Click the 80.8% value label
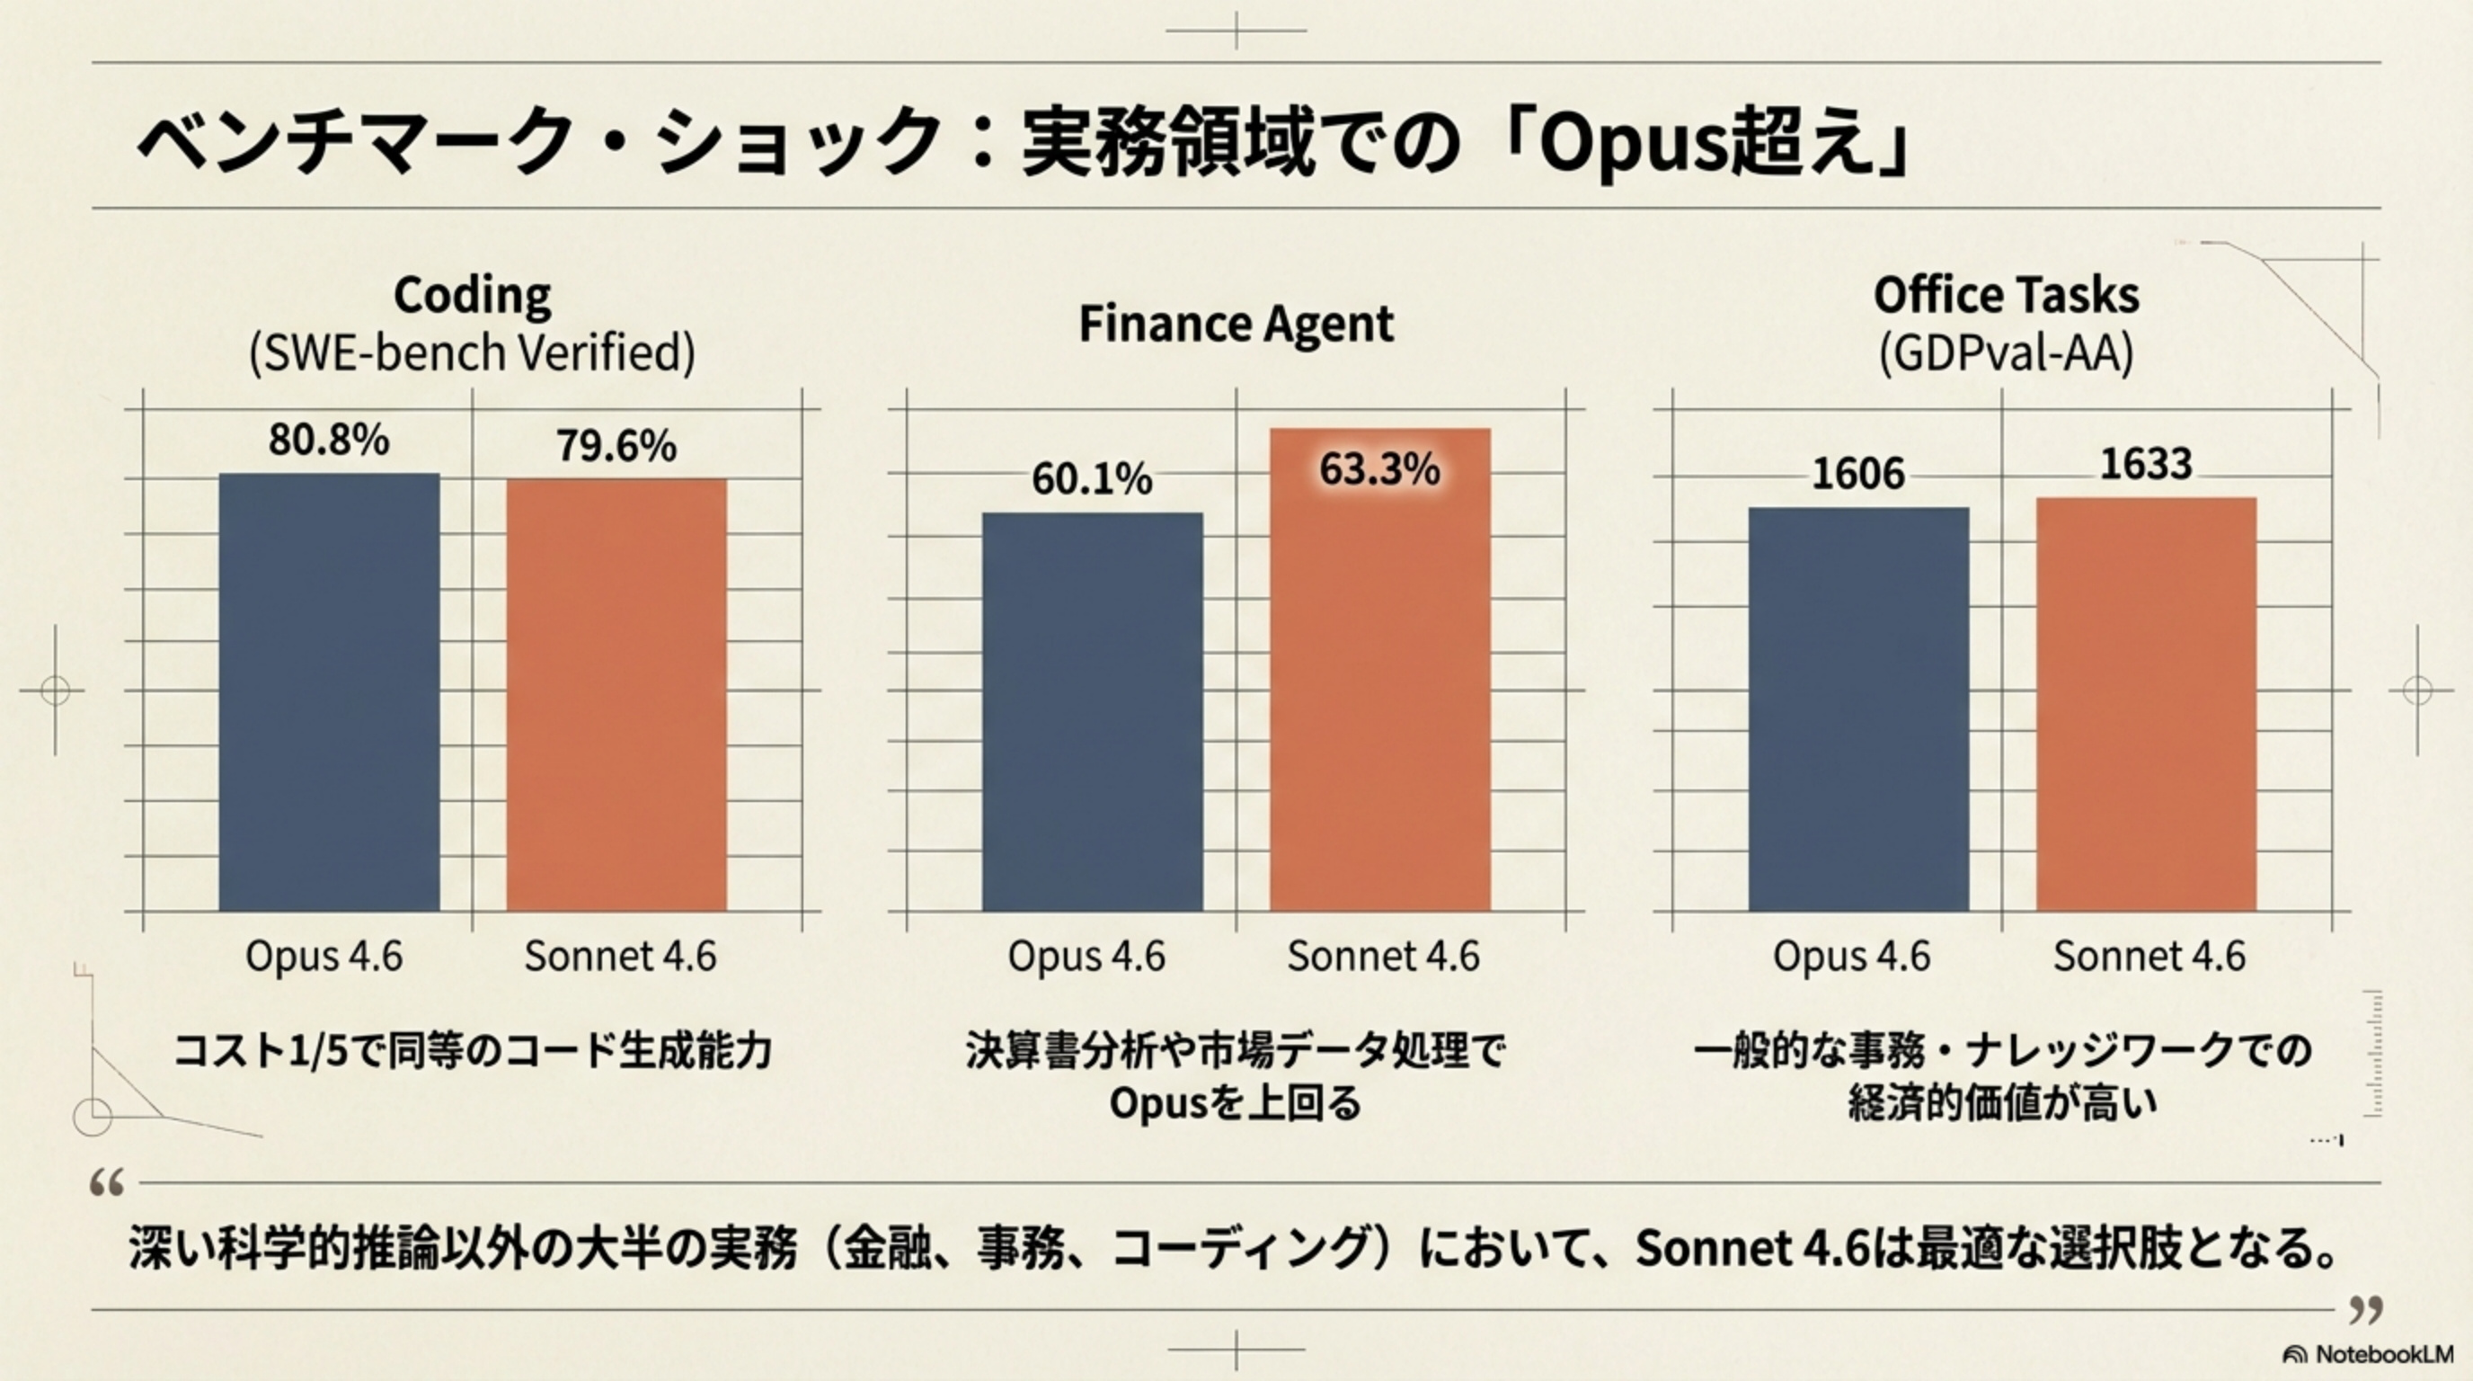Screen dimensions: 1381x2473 (x=328, y=440)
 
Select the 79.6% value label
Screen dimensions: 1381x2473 (x=616, y=446)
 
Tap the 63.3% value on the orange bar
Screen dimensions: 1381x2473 (x=1379, y=469)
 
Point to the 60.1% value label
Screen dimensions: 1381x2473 (x=1092, y=479)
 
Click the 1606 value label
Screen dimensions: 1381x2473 (x=1857, y=474)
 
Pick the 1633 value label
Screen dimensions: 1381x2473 (x=2146, y=465)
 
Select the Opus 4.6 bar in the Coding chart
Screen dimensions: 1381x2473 (x=329, y=691)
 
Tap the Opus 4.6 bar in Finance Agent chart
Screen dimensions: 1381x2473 (x=1092, y=711)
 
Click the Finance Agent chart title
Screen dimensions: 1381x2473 (x=1236, y=324)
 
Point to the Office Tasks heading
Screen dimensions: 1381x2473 (x=2006, y=295)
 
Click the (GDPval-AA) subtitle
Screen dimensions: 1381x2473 (x=2006, y=353)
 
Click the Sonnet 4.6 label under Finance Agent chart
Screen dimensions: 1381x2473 (x=1383, y=956)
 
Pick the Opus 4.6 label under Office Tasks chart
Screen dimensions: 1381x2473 (x=1851, y=956)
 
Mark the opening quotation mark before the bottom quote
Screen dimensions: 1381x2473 (x=107, y=1183)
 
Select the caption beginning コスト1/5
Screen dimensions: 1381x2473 (x=473, y=1052)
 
